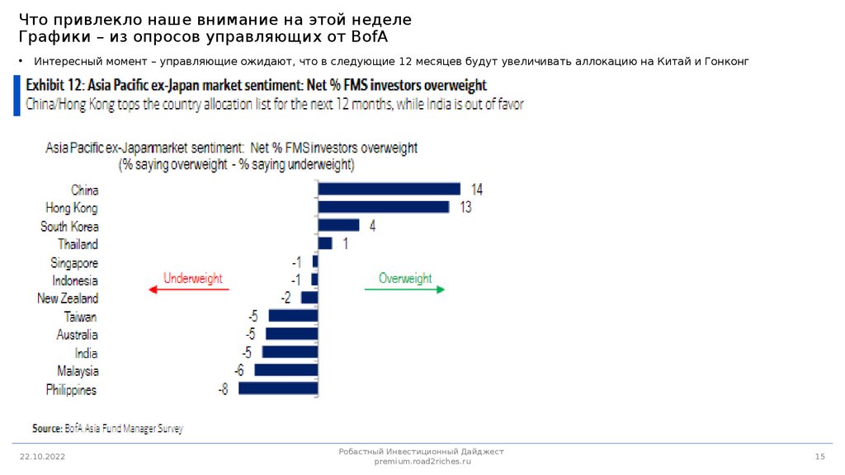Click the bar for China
click(x=389, y=189)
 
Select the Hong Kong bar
click(x=384, y=207)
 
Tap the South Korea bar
click(x=338, y=225)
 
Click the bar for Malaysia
click(x=286, y=370)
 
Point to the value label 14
click(x=476, y=190)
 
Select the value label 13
click(x=465, y=208)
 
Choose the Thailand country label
click(x=78, y=244)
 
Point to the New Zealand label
click(x=68, y=299)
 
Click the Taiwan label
click(x=80, y=317)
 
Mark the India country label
click(x=86, y=353)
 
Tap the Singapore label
click(x=73, y=262)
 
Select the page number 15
click(x=819, y=456)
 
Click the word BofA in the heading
click(x=367, y=38)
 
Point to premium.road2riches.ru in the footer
click(x=422, y=463)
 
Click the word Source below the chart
click(x=46, y=429)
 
